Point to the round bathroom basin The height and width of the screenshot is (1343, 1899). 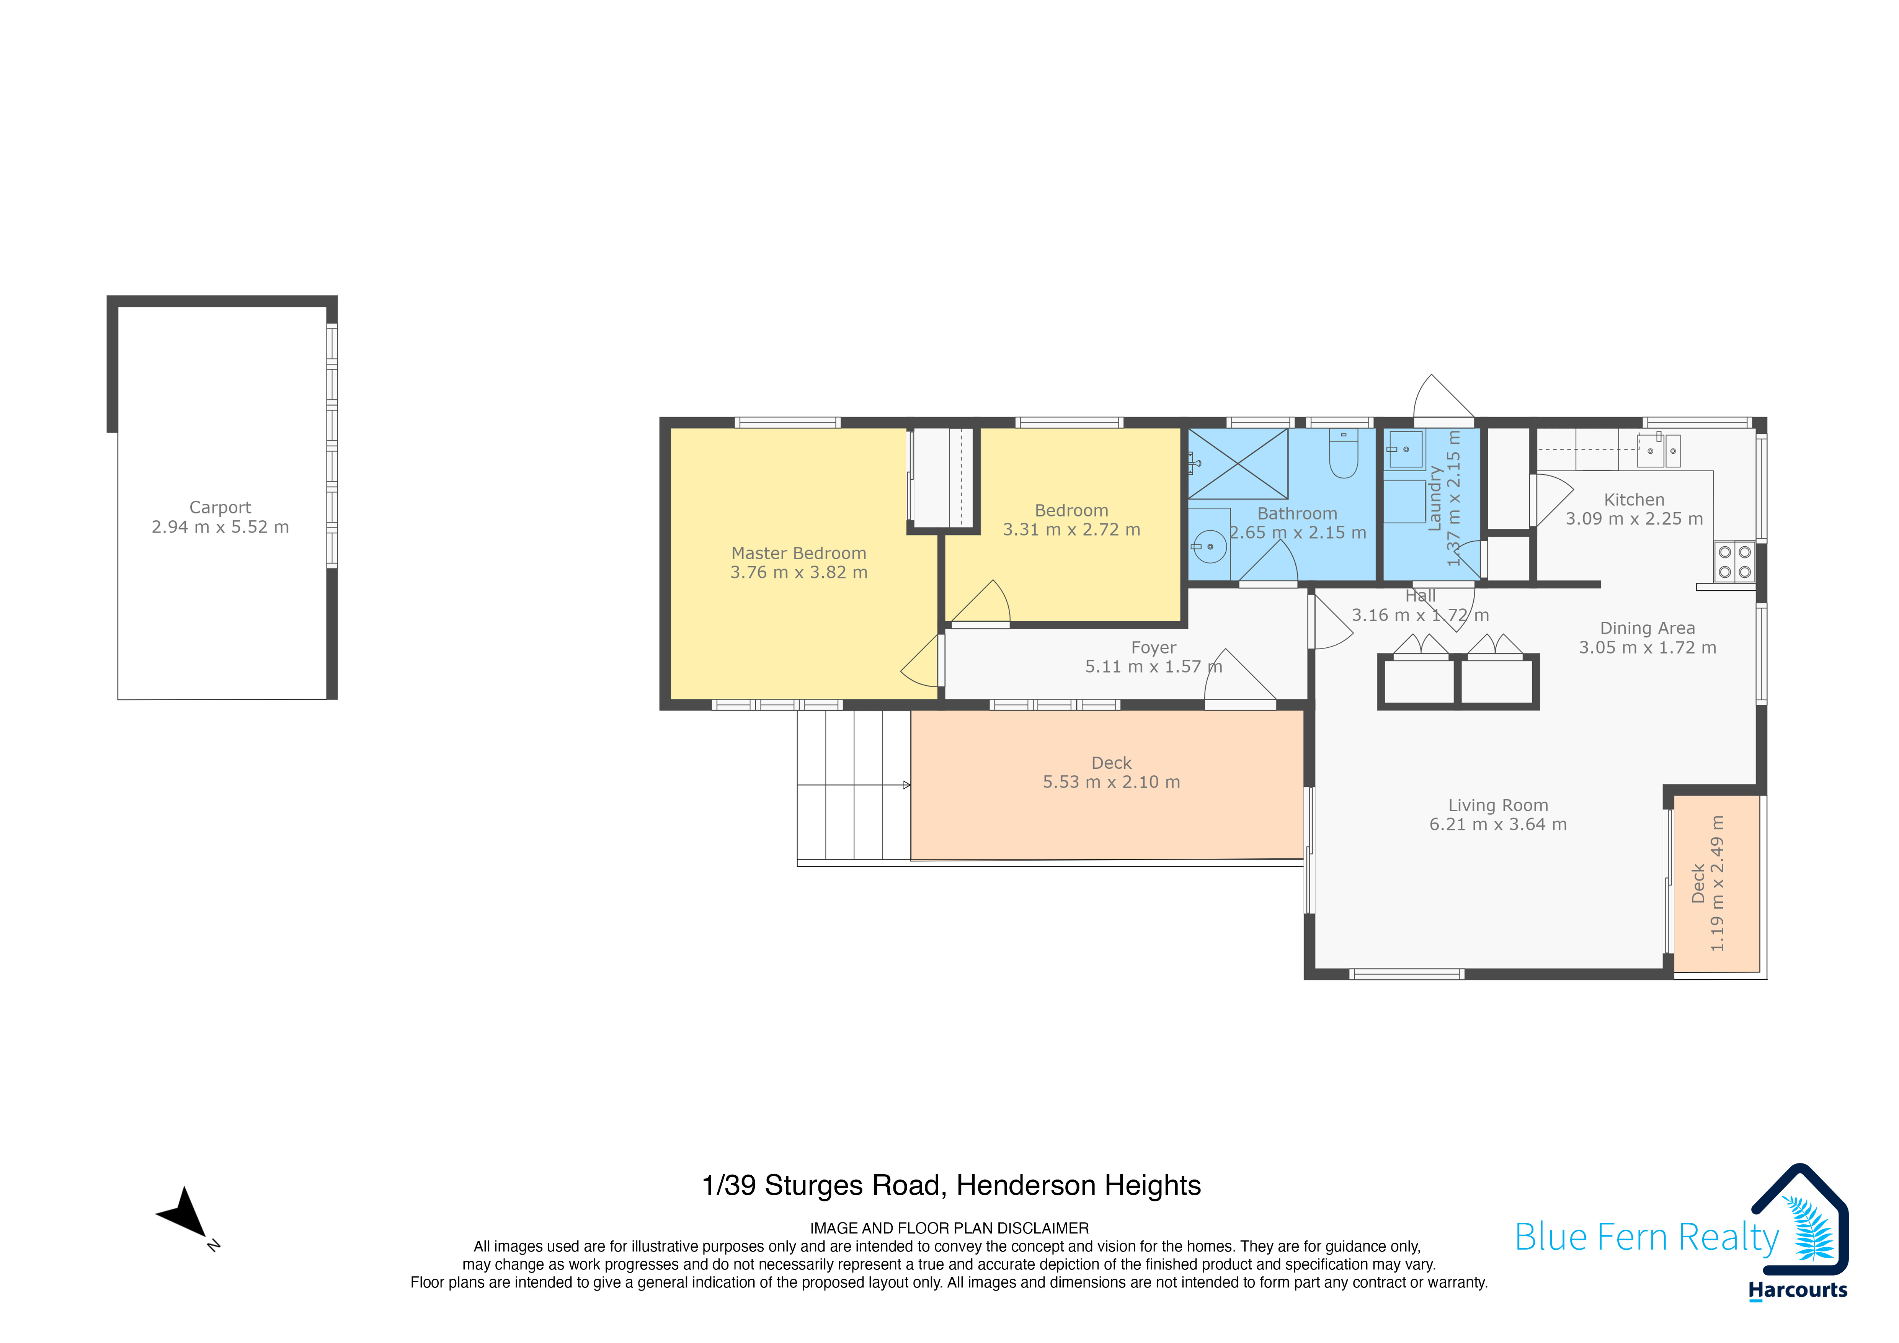click(x=1209, y=547)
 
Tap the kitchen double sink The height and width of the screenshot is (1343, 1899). click(x=1659, y=451)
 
